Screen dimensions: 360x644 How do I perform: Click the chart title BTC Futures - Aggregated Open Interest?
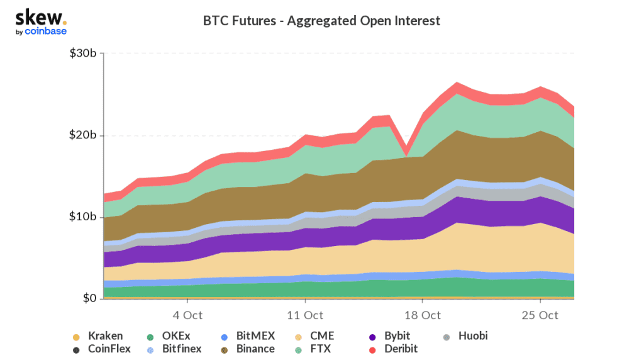pyautogui.click(x=321, y=21)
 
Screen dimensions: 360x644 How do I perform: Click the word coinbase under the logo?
pyautogui.click(x=46, y=31)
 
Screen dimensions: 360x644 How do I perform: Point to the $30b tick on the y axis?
pyautogui.click(x=83, y=54)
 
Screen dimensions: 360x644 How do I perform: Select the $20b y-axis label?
pyautogui.click(x=83, y=135)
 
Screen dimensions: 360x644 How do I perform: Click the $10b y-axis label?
pyautogui.click(x=83, y=217)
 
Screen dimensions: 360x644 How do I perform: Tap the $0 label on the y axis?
pyautogui.click(x=89, y=298)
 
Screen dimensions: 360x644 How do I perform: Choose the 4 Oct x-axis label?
pyautogui.click(x=187, y=315)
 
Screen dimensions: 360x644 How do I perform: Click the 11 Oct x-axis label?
pyautogui.click(x=305, y=315)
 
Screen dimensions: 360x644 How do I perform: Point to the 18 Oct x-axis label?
pyautogui.click(x=423, y=315)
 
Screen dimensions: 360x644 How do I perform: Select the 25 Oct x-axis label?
pyautogui.click(x=540, y=315)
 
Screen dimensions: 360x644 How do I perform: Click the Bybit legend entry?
pyautogui.click(x=397, y=336)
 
